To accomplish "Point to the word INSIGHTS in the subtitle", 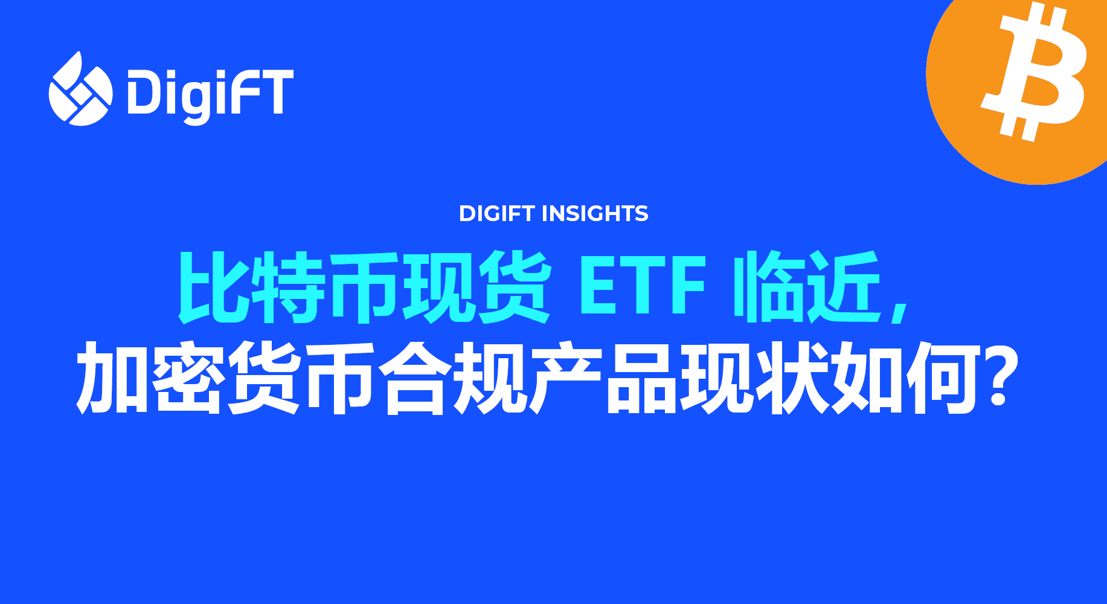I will click(595, 213).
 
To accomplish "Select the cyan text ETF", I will click(642, 285).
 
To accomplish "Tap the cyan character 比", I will click(213, 286).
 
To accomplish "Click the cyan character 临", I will click(768, 286).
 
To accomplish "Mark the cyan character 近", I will click(844, 286).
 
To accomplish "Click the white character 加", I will click(112, 377).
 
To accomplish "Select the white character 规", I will click(490, 377).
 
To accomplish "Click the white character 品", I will click(641, 377).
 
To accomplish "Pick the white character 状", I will click(792, 377).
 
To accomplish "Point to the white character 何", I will click(943, 377).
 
